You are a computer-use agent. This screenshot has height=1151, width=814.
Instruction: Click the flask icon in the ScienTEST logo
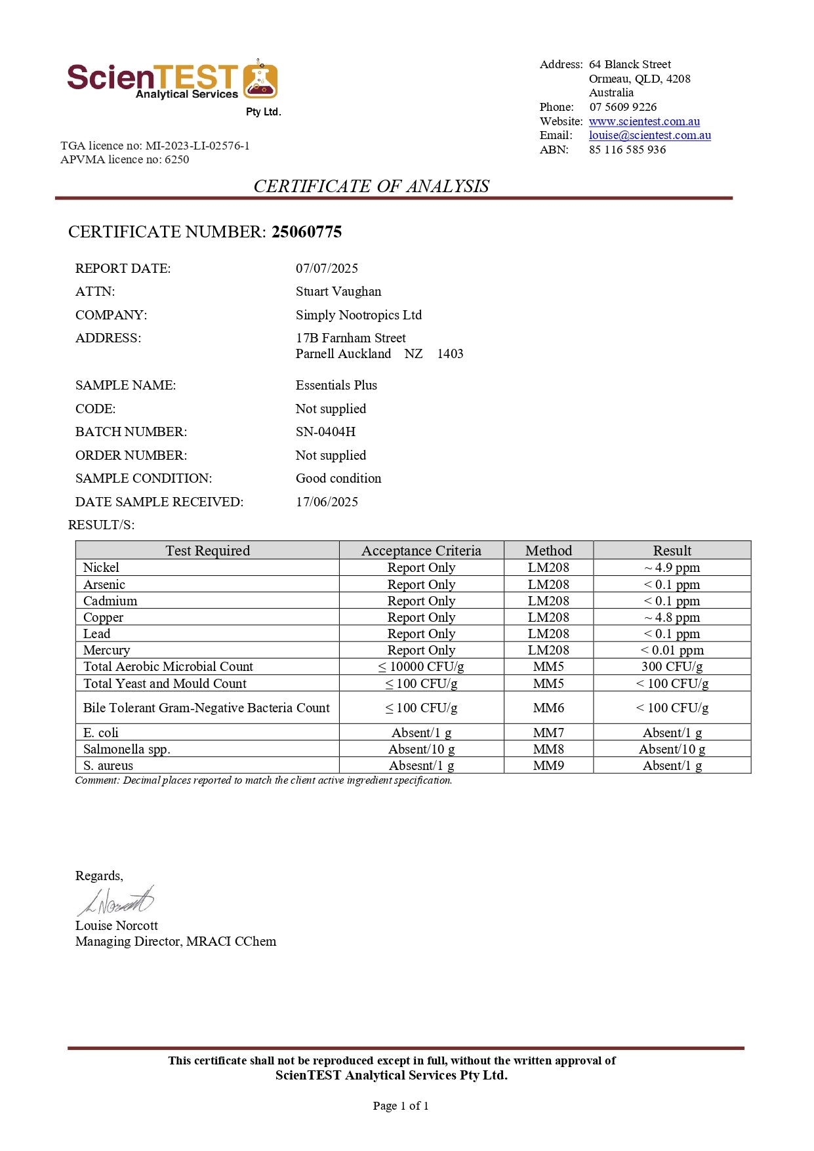tap(260, 80)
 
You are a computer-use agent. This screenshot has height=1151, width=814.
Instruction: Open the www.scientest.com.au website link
tap(643, 121)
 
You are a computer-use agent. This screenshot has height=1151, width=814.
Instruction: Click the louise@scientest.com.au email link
tap(649, 135)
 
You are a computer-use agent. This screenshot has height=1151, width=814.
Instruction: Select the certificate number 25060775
tap(306, 232)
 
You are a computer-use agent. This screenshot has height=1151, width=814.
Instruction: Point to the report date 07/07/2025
tap(327, 268)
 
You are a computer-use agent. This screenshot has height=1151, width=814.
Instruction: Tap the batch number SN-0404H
tap(325, 432)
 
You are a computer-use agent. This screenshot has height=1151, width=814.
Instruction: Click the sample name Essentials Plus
tap(336, 385)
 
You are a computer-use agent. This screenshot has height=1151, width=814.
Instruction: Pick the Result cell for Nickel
tap(672, 567)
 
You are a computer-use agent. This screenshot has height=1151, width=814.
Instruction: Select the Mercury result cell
tap(672, 650)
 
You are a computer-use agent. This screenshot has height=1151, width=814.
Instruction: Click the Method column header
tap(548, 550)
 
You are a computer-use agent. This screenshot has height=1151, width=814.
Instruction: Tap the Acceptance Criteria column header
tap(421, 550)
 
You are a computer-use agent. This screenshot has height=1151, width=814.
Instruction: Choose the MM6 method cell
tap(548, 708)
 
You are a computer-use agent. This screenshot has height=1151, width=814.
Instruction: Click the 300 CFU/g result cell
tap(672, 666)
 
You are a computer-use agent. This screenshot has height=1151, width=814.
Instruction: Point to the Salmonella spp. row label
tap(127, 749)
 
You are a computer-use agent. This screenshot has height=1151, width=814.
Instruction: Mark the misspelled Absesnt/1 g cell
tap(421, 765)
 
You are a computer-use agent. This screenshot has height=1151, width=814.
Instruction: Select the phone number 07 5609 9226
tap(622, 107)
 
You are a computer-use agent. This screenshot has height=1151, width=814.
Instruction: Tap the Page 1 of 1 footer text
tap(401, 1106)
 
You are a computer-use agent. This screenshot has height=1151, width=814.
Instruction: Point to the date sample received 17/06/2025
tap(327, 502)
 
